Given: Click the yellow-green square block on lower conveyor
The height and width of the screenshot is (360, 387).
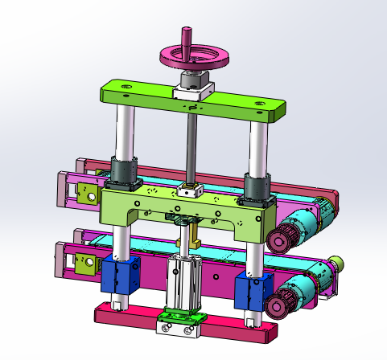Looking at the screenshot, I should coord(84,261).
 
